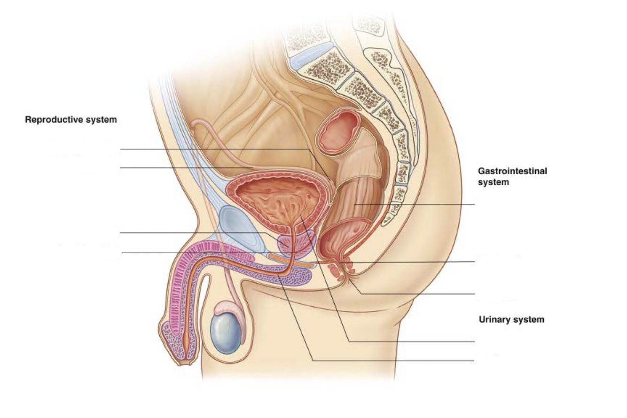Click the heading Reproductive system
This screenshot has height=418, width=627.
coord(71,120)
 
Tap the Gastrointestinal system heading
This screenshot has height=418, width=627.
coord(512,177)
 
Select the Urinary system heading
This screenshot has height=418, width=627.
coord(511,320)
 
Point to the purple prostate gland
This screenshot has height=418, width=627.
coord(287,244)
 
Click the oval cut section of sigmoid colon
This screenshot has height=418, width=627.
coord(338,132)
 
